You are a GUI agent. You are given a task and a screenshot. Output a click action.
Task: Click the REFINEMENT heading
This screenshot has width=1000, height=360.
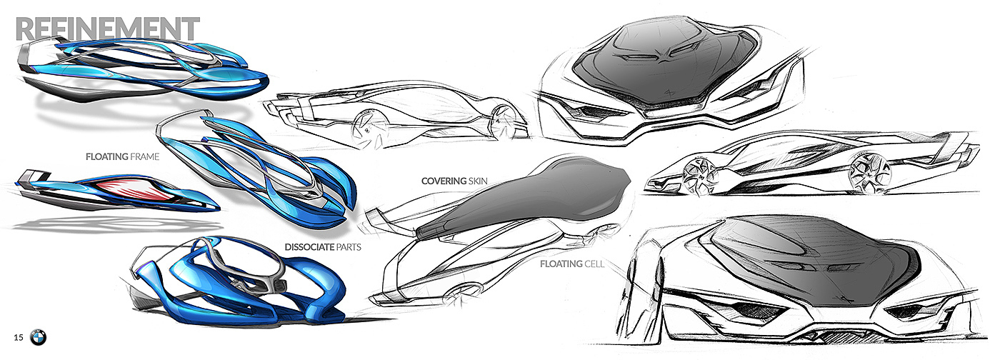(107, 29)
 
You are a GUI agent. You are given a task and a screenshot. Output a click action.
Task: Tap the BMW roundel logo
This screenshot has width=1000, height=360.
(39, 337)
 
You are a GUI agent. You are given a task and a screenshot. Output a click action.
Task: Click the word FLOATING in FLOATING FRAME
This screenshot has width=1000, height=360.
(106, 156)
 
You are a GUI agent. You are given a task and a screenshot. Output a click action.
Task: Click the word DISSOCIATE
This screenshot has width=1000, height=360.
(311, 248)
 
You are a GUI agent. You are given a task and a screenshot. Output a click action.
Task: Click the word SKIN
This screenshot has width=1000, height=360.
(478, 181)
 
